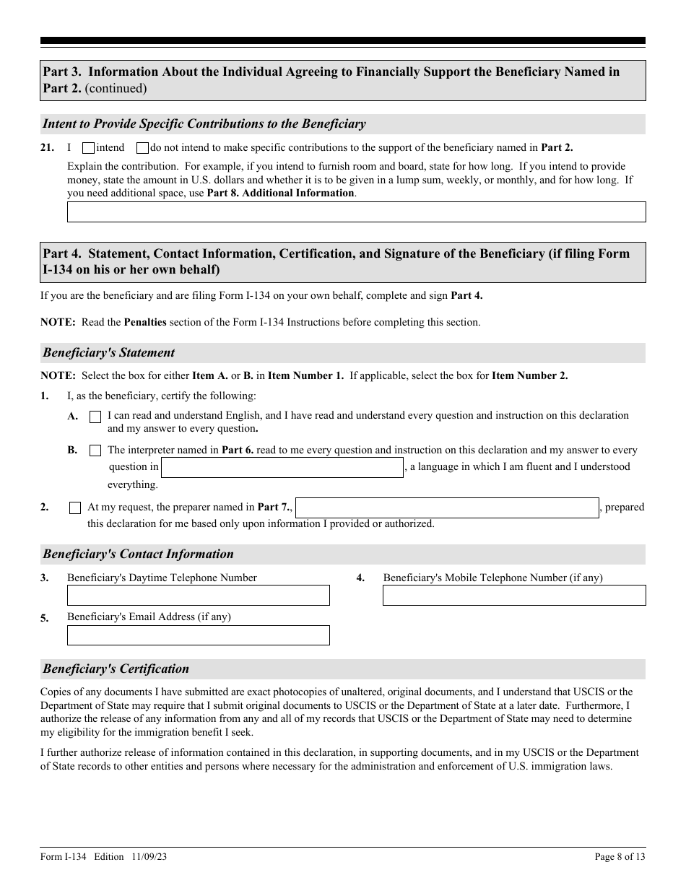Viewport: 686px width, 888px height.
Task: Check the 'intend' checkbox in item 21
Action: click(x=88, y=148)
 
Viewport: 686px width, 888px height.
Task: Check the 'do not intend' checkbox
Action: click(x=142, y=148)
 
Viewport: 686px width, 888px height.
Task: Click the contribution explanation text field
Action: click(x=356, y=212)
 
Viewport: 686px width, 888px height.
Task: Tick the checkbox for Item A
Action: click(x=95, y=417)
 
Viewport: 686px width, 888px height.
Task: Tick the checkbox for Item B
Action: click(x=95, y=450)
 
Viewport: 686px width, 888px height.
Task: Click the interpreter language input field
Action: click(x=282, y=467)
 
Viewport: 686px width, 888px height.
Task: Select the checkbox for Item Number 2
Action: click(x=75, y=508)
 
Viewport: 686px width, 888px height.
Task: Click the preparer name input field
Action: click(x=447, y=508)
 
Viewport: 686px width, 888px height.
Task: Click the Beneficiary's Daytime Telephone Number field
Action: click(x=198, y=595)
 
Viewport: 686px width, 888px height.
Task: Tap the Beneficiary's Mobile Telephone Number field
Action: click(x=513, y=595)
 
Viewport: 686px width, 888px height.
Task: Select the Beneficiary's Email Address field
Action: click(x=198, y=635)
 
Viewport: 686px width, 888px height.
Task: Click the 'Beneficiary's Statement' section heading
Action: click(x=108, y=353)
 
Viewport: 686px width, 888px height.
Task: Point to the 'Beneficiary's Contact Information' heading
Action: click(x=138, y=554)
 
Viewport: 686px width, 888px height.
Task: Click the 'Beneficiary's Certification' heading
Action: click(x=116, y=669)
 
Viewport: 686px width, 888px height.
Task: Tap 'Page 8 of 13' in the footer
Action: click(x=620, y=857)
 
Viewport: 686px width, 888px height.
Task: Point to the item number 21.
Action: click(x=47, y=148)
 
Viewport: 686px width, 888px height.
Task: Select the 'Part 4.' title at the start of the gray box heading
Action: click(x=64, y=253)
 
